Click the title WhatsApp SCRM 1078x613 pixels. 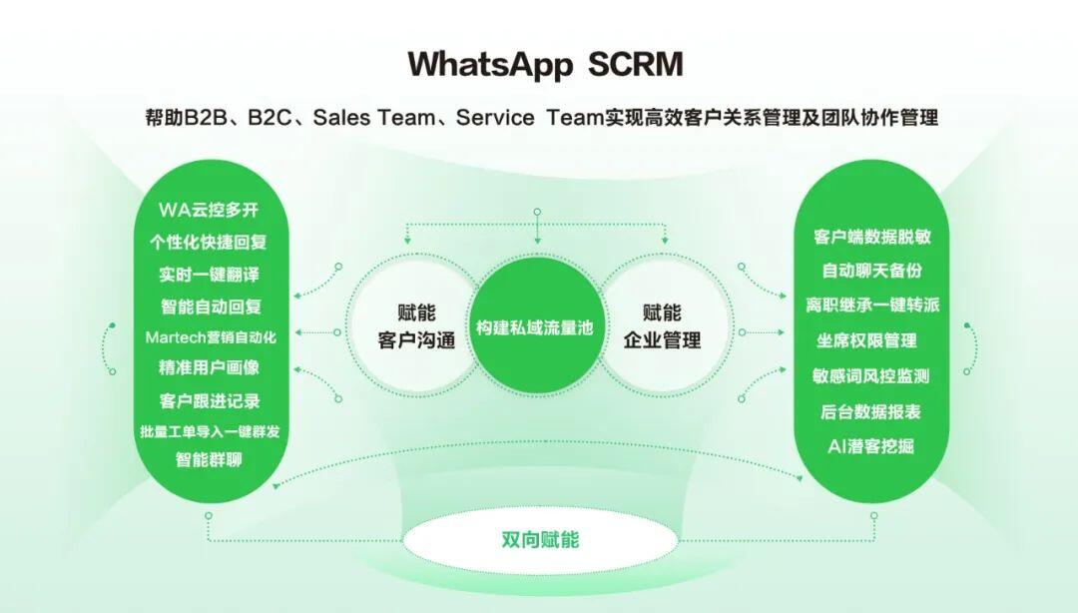click(x=545, y=64)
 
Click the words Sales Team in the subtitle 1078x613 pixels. click(x=373, y=118)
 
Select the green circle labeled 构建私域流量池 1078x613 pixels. click(x=535, y=326)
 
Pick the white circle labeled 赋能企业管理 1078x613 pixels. click(x=662, y=326)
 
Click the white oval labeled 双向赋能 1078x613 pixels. click(x=540, y=540)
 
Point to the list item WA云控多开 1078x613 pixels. click(x=209, y=210)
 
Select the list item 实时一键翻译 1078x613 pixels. click(x=209, y=275)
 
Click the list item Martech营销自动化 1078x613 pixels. click(x=211, y=337)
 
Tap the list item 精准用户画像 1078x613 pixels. click(x=209, y=367)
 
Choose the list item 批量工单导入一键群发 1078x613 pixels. click(x=210, y=431)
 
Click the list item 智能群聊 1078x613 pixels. click(x=209, y=459)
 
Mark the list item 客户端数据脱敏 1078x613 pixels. click(x=871, y=237)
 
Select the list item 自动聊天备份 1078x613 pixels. click(x=871, y=271)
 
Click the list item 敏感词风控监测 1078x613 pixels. click(x=870, y=375)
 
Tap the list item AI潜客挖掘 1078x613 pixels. click(x=870, y=446)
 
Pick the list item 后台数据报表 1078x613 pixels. click(x=870, y=411)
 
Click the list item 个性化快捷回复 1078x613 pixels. click(x=209, y=243)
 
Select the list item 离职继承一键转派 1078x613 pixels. click(x=872, y=305)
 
